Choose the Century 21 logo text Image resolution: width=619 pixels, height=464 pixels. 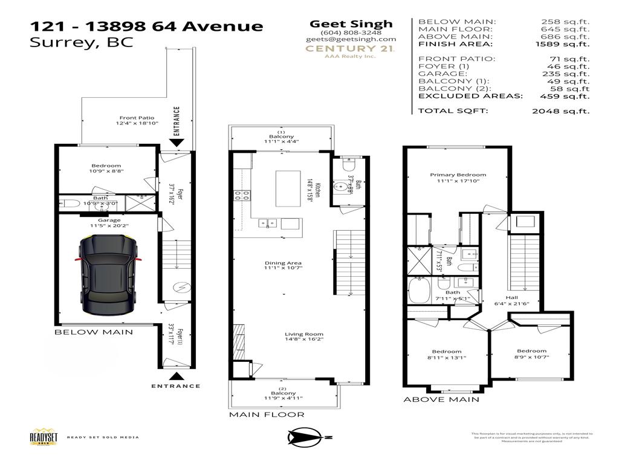point(350,48)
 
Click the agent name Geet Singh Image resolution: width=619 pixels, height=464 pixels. point(351,24)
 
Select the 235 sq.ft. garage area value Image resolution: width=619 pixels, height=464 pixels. point(571,74)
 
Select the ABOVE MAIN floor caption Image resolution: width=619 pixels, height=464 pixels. point(441,399)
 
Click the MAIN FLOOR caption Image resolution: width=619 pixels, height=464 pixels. point(266,414)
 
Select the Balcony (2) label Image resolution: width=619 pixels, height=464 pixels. point(282,393)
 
